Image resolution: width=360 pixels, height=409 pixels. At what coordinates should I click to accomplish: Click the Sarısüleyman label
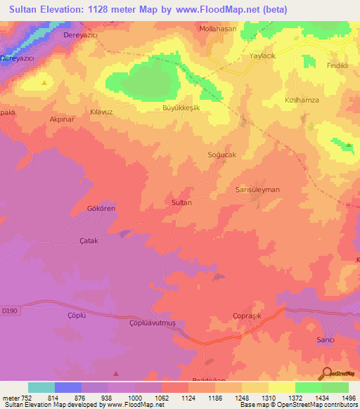[257, 190]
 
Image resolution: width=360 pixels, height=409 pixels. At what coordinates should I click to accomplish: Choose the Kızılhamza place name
[302, 100]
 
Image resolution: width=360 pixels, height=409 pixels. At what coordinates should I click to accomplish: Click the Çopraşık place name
[247, 316]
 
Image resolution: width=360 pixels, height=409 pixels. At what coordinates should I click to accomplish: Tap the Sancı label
[325, 339]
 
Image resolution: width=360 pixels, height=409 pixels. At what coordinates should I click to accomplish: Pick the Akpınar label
[62, 119]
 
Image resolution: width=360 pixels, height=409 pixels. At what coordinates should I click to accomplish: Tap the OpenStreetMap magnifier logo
[326, 374]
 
